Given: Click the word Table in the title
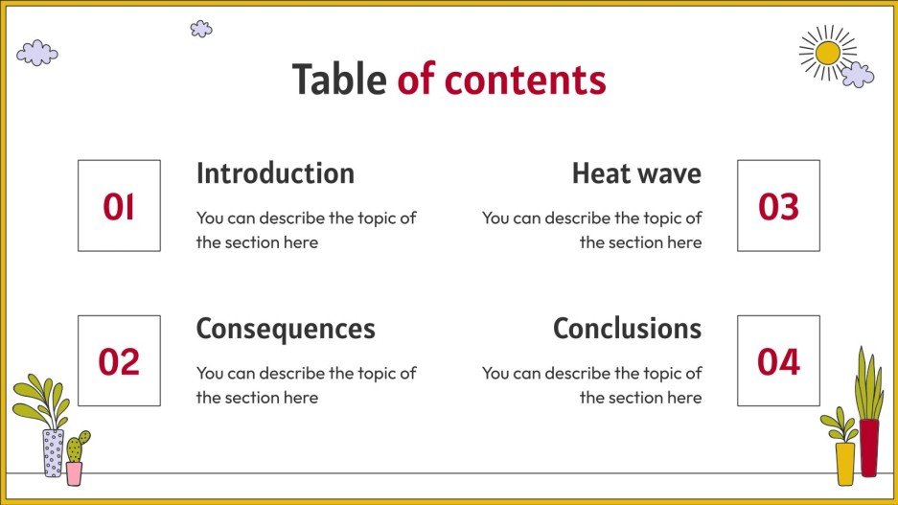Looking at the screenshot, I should [339, 80].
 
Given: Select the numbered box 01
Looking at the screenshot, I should [119, 206].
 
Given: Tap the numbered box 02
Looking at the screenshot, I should [119, 361].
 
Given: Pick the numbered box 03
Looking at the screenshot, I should [778, 206].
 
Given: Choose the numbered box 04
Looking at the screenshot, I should [778, 361].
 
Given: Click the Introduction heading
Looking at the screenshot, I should [275, 173].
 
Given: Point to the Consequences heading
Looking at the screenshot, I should [286, 329].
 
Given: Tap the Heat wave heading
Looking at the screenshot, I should [636, 173].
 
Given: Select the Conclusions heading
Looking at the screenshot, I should [627, 329].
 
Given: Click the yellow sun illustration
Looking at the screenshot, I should [826, 52].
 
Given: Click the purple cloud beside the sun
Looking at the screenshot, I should [857, 74].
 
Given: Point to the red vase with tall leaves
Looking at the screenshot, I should [868, 422].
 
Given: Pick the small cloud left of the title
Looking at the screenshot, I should [201, 29].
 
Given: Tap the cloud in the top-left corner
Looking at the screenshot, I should [37, 53].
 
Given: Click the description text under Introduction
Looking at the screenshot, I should [306, 230].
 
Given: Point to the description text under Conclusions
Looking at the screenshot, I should [591, 385].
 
